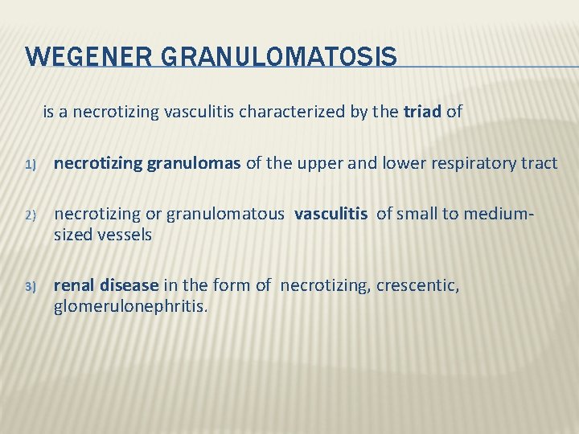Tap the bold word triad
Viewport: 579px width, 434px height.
pyautogui.click(x=422, y=112)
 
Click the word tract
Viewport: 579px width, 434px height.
pyautogui.click(x=540, y=163)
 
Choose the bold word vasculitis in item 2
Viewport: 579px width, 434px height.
pyautogui.click(x=331, y=214)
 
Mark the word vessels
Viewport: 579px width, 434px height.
pyautogui.click(x=125, y=235)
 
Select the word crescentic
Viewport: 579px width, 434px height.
pyautogui.click(x=419, y=285)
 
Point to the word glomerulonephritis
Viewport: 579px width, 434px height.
pyautogui.click(x=130, y=306)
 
